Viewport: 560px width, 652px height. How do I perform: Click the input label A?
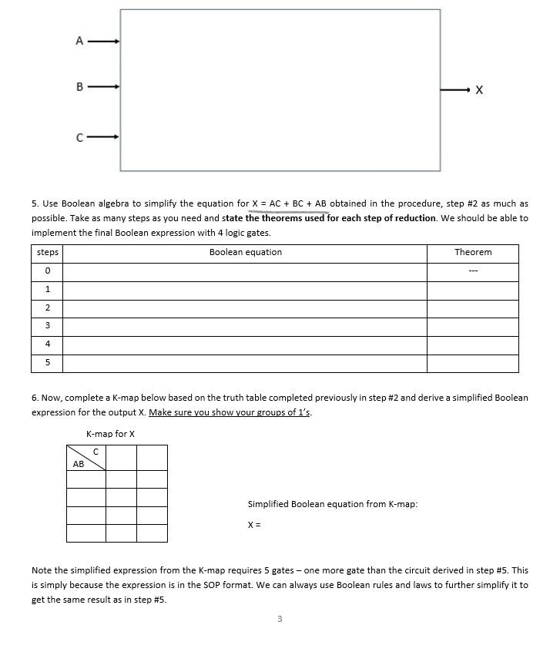pyautogui.click(x=79, y=41)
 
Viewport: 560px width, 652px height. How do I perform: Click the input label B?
pyautogui.click(x=79, y=87)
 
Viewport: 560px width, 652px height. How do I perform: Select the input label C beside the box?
pyautogui.click(x=79, y=138)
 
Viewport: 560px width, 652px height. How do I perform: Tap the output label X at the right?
pyautogui.click(x=479, y=90)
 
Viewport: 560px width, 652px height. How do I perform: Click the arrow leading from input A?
pyautogui.click(x=103, y=41)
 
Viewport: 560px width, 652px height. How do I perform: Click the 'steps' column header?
pyautogui.click(x=47, y=252)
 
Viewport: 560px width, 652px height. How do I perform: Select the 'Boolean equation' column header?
pyautogui.click(x=245, y=252)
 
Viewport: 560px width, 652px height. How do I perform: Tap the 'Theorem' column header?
pyautogui.click(x=472, y=252)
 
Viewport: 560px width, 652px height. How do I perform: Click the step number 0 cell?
pyautogui.click(x=47, y=271)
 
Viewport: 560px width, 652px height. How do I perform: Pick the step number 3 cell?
pyautogui.click(x=47, y=326)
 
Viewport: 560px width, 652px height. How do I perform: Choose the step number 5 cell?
pyautogui.click(x=47, y=362)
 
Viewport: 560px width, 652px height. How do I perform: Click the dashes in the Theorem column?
pyautogui.click(x=472, y=271)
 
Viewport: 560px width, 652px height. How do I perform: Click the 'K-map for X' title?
pyautogui.click(x=110, y=434)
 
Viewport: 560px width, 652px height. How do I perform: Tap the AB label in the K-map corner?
pyautogui.click(x=79, y=464)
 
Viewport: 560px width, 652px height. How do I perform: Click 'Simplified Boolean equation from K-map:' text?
pyautogui.click(x=332, y=504)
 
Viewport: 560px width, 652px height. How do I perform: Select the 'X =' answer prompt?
pyautogui.click(x=254, y=525)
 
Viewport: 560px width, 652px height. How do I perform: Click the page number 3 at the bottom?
pyautogui.click(x=280, y=618)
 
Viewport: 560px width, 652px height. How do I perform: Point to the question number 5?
pyautogui.click(x=35, y=203)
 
